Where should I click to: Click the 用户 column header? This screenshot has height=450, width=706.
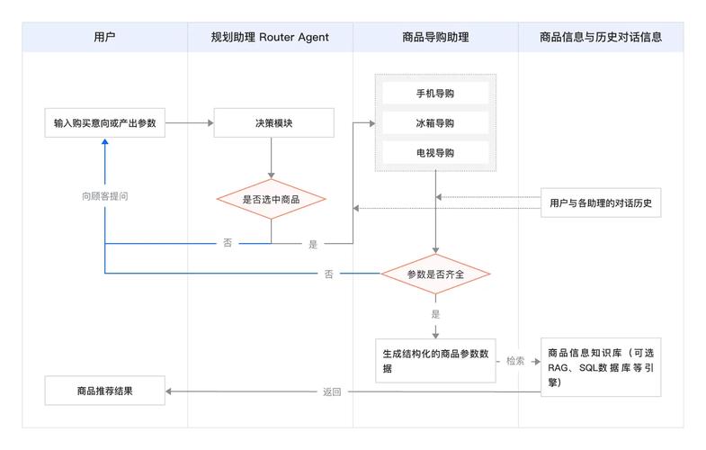104,37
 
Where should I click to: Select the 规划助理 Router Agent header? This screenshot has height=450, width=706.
270,37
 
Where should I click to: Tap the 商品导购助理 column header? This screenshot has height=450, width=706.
435,37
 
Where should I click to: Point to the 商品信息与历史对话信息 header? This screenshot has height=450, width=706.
601,37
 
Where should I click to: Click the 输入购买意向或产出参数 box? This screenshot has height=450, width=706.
105,122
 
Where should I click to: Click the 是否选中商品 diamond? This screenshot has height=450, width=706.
271,199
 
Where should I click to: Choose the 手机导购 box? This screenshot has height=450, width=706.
435,94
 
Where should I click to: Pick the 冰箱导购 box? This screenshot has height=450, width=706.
435,122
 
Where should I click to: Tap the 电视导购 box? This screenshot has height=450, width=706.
435,152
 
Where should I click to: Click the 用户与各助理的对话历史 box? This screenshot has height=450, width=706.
600,203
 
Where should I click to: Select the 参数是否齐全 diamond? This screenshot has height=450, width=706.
435,273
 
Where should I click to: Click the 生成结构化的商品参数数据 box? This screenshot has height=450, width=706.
435,361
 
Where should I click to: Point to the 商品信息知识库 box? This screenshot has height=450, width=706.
601,366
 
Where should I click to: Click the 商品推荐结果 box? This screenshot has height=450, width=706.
105,391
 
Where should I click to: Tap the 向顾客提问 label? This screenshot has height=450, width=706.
105,195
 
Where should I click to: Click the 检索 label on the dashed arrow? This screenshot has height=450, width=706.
515,361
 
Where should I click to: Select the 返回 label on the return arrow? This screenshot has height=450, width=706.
332,392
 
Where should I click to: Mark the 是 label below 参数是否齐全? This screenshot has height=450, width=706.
435,314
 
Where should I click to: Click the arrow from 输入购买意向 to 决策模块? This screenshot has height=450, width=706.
189,122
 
